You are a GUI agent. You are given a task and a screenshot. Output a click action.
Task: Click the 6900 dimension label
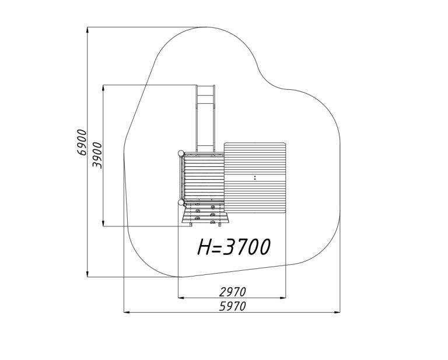pos(82,142)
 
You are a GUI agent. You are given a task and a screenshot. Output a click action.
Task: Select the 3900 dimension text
pos(97,155)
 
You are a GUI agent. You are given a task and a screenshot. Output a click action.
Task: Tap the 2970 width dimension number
pos(233,292)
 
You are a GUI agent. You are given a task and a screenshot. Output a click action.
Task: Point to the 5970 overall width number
pos(233,306)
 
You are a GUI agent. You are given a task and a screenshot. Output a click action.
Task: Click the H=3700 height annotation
pos(234,247)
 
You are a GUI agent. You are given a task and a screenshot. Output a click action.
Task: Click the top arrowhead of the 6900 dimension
pos(87,30)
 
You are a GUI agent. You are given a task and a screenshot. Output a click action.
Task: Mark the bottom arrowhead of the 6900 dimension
pos(87,274)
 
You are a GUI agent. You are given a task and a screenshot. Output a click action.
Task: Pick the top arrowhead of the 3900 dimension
pos(103,88)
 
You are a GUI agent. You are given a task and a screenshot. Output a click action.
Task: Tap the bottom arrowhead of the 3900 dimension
pos(103,223)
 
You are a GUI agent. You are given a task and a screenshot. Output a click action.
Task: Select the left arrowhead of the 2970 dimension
pos(181,298)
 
